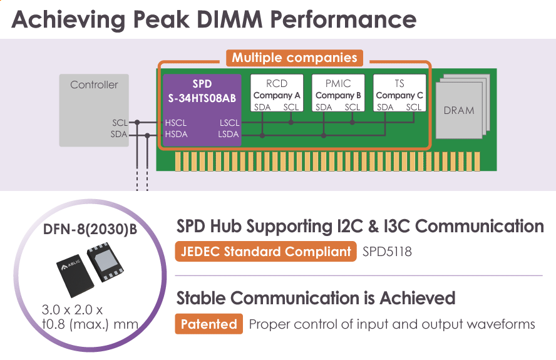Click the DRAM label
[459, 110]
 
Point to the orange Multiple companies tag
[294, 58]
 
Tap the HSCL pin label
[176, 123]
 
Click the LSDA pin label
[229, 135]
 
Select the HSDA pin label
[176, 135]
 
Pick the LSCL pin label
[229, 123]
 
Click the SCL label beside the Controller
[120, 123]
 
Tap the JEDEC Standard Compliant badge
[265, 252]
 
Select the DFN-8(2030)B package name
[90, 230]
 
